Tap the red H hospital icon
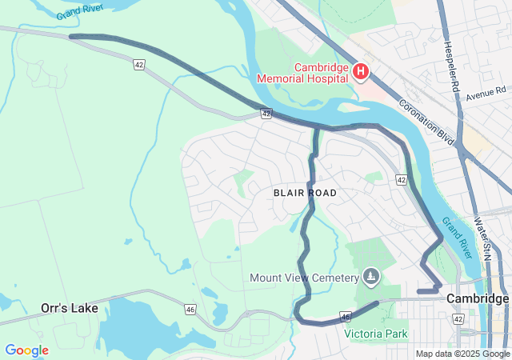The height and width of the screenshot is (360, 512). [361, 73]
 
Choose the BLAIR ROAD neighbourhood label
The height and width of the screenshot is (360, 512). [305, 193]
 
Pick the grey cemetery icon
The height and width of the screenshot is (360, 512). [370, 278]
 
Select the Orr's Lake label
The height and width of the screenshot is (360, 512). [70, 308]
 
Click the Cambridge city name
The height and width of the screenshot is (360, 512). [478, 298]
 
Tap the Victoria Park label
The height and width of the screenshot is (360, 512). [376, 334]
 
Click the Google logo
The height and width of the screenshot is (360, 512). [26, 350]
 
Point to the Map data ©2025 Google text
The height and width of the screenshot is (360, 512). [462, 354]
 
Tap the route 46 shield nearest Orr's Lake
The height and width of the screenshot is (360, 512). [190, 309]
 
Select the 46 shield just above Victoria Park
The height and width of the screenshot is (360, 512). [346, 318]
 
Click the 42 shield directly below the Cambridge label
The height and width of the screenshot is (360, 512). [458, 318]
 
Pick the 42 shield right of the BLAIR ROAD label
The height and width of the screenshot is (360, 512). [401, 180]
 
